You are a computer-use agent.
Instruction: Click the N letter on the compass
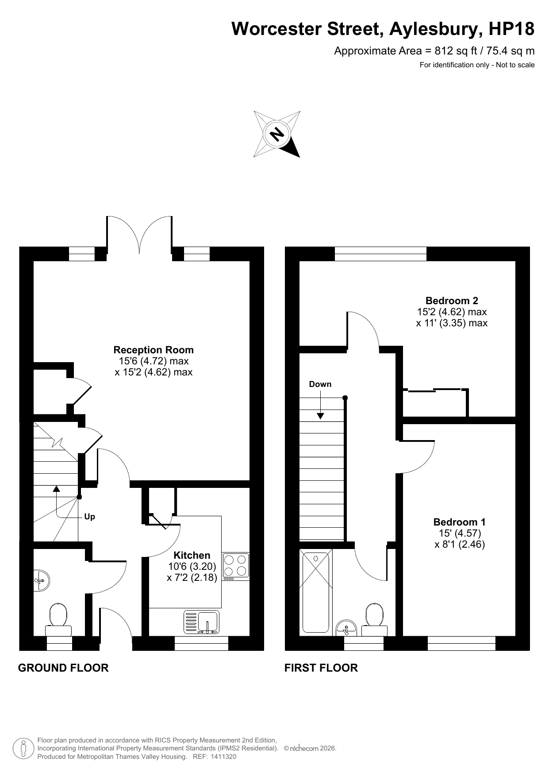point(277,133)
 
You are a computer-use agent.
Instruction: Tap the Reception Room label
point(154,350)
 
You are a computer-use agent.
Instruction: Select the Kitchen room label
point(192,555)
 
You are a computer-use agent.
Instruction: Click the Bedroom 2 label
point(452,301)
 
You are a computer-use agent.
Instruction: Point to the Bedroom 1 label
point(460,522)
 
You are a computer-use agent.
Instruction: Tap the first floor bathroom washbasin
point(346,628)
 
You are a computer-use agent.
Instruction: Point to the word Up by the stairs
point(89,517)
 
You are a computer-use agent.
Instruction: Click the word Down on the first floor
point(320,384)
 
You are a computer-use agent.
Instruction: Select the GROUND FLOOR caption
point(63,668)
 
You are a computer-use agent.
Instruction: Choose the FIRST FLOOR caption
point(321,668)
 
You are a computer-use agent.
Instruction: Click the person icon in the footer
point(23,749)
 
